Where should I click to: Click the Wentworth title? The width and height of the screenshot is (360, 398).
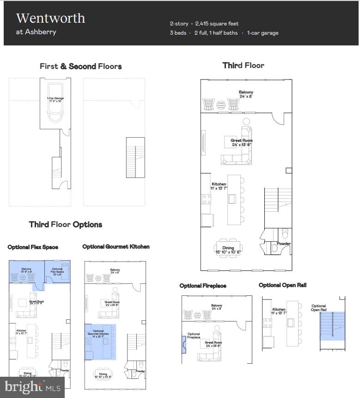tap(51, 18)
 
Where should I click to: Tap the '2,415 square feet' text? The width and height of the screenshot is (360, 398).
tap(217, 24)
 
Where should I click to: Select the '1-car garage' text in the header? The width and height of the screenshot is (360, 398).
tap(262, 33)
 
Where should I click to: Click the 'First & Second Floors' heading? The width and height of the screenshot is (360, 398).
tap(81, 66)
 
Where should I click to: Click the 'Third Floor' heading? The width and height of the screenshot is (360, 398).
tap(244, 65)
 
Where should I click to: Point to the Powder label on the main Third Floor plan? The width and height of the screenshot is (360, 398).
tap(284, 244)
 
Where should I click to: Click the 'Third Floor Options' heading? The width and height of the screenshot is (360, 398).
tap(66, 225)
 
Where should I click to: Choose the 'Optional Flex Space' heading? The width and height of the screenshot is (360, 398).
tap(33, 247)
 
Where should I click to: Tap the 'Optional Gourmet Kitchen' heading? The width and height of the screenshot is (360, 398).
tap(116, 247)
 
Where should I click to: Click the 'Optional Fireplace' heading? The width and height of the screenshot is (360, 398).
tap(203, 286)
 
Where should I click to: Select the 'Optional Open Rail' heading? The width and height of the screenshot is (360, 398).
tap(282, 285)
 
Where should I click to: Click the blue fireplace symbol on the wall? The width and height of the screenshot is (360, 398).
tap(184, 344)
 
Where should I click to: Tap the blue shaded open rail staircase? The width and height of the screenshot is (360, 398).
tap(333, 326)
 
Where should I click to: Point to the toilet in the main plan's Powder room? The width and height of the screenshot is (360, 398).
tap(285, 232)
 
